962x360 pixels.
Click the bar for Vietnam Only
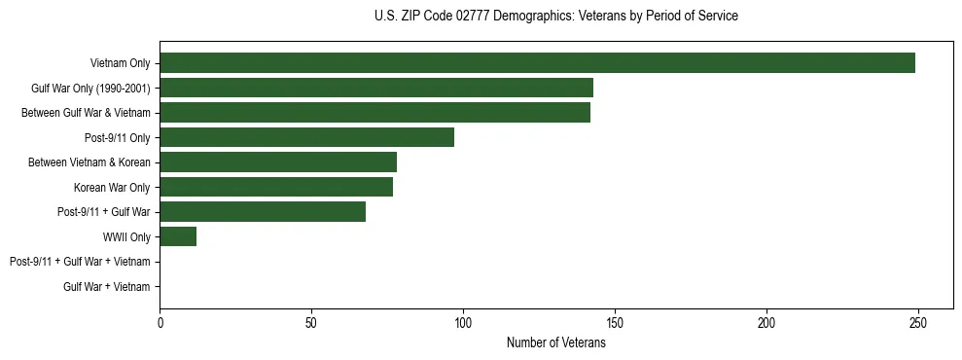coord(537,63)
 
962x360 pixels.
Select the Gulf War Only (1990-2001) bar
coord(376,89)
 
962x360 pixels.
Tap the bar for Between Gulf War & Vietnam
coord(374,113)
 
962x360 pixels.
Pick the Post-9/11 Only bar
coord(306,137)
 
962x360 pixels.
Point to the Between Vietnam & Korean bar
coord(278,162)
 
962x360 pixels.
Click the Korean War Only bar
coord(276,187)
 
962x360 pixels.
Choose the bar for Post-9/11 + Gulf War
coord(263,211)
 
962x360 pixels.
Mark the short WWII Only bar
coord(178,236)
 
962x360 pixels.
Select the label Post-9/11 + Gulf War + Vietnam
coord(80,262)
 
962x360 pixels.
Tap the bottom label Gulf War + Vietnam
coord(107,286)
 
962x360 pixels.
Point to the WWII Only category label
coord(126,236)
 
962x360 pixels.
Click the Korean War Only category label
coord(112,187)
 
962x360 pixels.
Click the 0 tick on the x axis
coord(160,323)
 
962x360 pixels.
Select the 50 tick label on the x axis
coord(311,323)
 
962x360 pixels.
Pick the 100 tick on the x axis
coord(463,323)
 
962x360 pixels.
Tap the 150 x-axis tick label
coord(615,323)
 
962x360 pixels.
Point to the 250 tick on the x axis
coord(918,323)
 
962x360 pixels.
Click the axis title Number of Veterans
coord(555,342)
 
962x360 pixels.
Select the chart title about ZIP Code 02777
coord(555,17)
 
